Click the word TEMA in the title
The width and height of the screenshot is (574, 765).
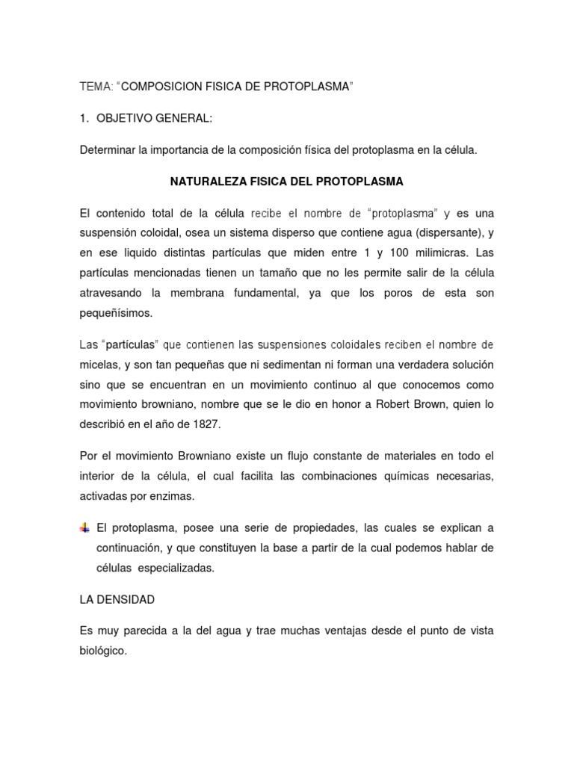(95, 87)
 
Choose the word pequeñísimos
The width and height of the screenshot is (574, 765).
(116, 313)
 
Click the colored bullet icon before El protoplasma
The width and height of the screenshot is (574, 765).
(84, 528)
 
